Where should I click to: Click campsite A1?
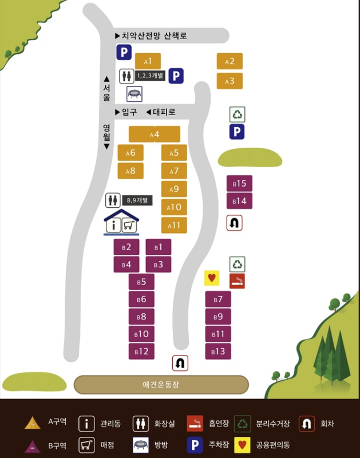(x=148, y=61)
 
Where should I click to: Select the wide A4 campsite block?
(x=155, y=135)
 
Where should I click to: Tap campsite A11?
(x=174, y=225)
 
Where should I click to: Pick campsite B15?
(x=239, y=184)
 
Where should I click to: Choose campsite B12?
(x=141, y=351)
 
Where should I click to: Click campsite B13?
(x=218, y=351)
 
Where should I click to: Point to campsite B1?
(x=159, y=247)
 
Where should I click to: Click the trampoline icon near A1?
(x=134, y=93)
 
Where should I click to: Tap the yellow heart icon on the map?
(x=212, y=278)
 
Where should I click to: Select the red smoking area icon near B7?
(x=237, y=281)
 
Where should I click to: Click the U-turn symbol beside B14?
(x=235, y=223)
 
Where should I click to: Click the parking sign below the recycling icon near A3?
(x=237, y=132)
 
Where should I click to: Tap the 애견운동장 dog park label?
(x=161, y=385)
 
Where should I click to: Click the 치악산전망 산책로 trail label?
(x=154, y=36)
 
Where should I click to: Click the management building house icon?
(x=121, y=223)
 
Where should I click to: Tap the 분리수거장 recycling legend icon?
(x=243, y=424)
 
